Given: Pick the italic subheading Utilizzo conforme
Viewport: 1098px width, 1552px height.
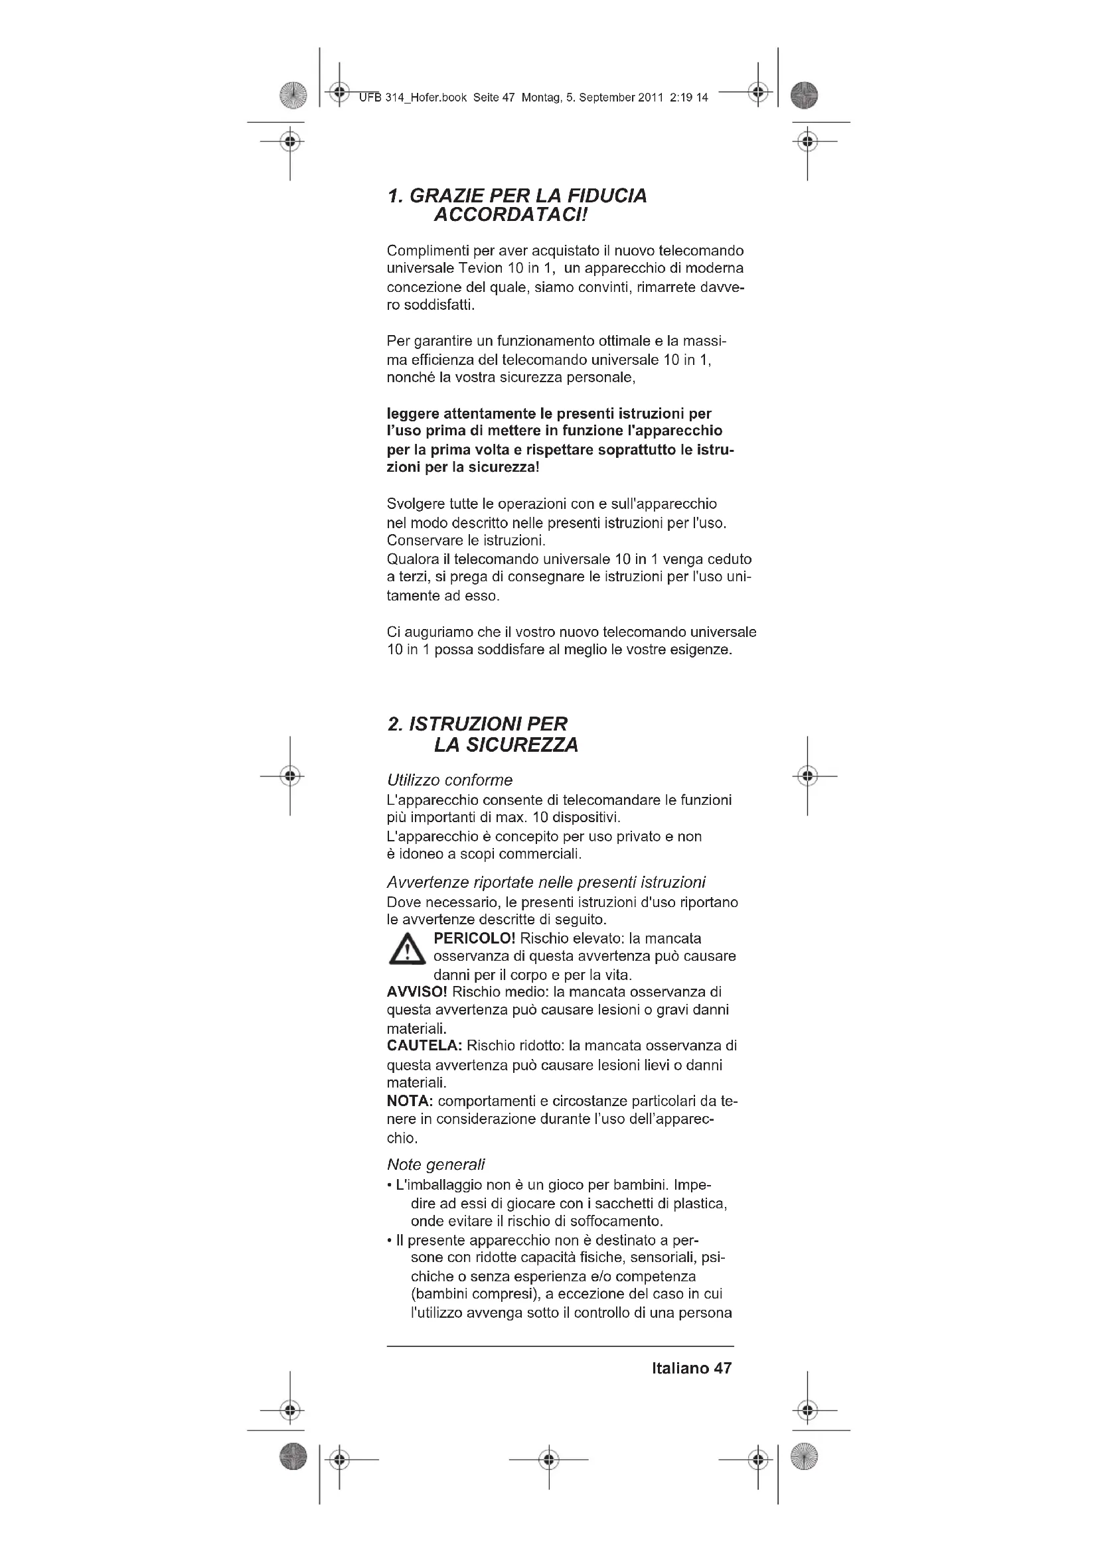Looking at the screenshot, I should [449, 780].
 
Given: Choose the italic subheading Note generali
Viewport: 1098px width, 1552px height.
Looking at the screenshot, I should [436, 1164].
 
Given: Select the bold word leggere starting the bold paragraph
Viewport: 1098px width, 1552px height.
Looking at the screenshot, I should [413, 413].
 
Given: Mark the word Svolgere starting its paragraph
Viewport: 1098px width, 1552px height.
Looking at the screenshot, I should [414, 504].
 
